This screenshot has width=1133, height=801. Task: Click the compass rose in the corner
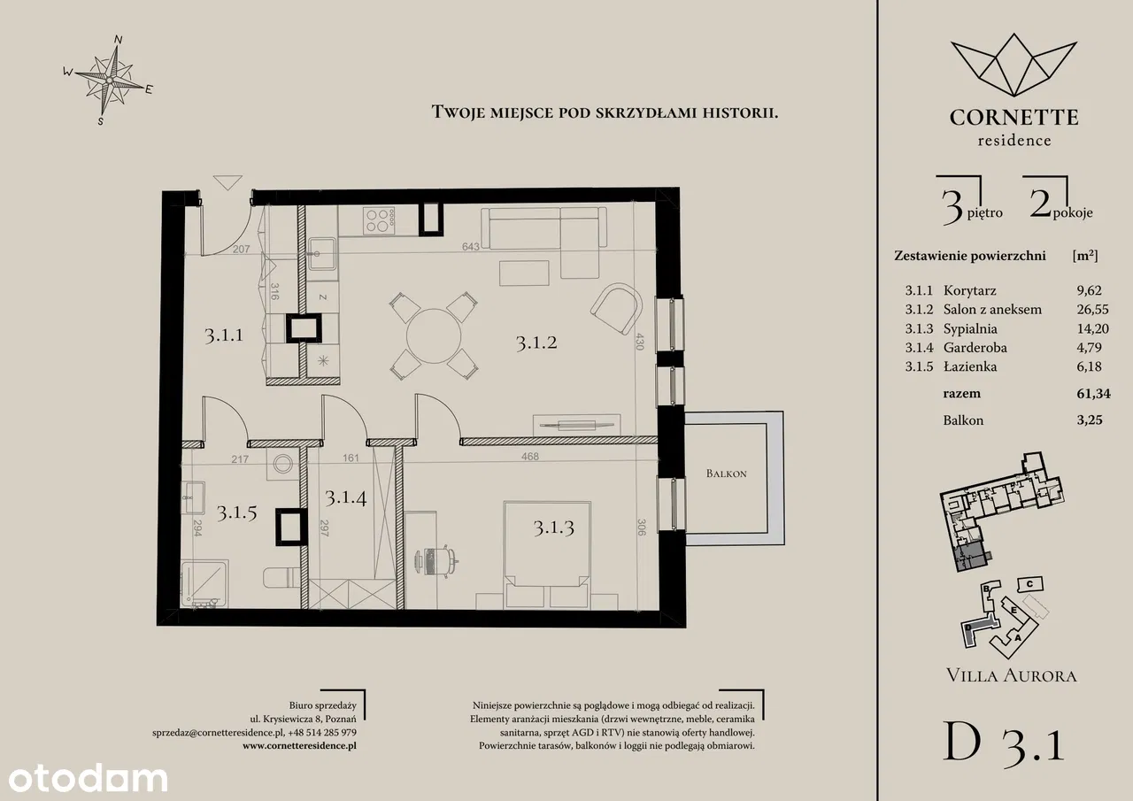tap(108, 80)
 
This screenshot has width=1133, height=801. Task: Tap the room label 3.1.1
tap(224, 335)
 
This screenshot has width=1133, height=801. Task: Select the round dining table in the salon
tap(434, 335)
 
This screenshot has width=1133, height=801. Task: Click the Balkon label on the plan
tap(727, 474)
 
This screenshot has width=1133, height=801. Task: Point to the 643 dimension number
tap(470, 247)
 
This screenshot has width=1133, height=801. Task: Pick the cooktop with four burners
tap(379, 220)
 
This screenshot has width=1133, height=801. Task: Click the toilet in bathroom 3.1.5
tap(281, 577)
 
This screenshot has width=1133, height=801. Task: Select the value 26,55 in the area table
tap(1092, 309)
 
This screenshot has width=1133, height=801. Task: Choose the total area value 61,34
tap(1093, 394)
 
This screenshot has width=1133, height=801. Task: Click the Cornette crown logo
tap(1014, 65)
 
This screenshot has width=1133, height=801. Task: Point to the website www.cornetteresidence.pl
tap(299, 745)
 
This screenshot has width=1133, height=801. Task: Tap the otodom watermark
tap(88, 779)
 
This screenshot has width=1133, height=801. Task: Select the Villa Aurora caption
tap(1011, 675)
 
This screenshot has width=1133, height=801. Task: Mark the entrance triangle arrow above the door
tap(227, 181)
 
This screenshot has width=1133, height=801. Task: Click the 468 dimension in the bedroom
tap(529, 456)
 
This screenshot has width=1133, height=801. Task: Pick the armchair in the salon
tap(616, 308)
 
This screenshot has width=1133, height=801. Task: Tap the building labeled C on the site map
tap(1029, 584)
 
